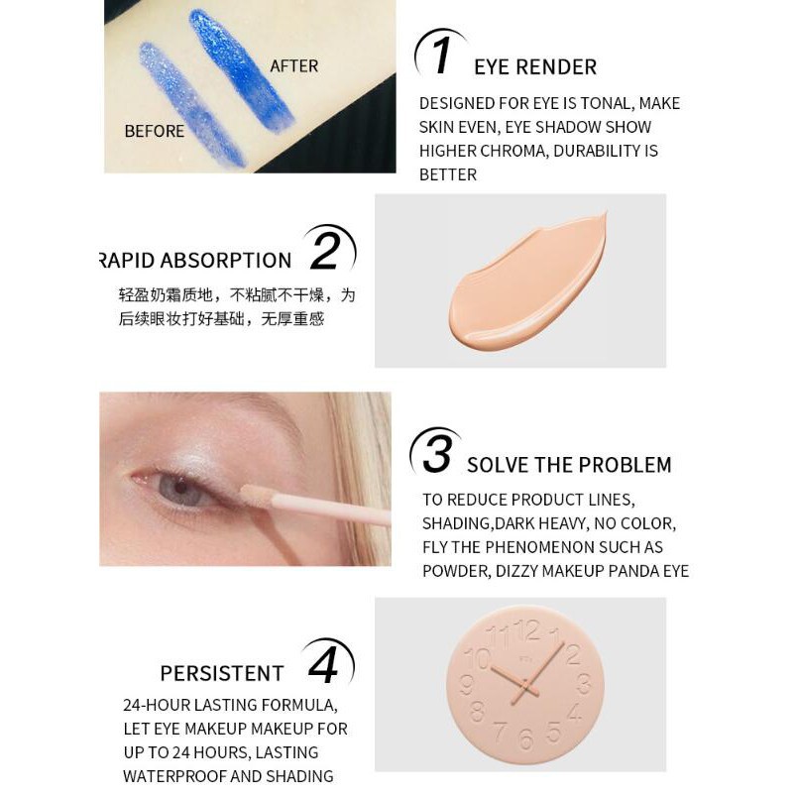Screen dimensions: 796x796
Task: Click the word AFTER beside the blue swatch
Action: coord(294,66)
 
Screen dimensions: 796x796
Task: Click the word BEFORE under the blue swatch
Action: coord(154,131)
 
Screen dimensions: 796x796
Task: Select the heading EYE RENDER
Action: coord(535,67)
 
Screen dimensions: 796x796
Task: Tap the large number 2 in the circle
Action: coord(326,251)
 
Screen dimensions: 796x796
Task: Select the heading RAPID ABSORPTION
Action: coord(196,260)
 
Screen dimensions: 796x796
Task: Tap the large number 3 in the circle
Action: coord(437,454)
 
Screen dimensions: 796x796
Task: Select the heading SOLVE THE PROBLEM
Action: coord(569,465)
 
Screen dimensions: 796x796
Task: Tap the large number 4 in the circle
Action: coord(324,665)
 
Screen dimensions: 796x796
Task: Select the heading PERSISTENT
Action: coord(222,673)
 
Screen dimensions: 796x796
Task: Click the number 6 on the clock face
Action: coord(525,739)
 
